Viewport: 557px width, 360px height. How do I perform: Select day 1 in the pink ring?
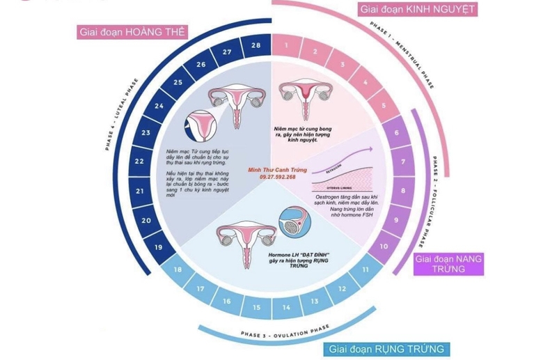[286, 46]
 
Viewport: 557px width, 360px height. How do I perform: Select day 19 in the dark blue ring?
[159, 247]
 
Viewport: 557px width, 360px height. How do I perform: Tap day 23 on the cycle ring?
[146, 132]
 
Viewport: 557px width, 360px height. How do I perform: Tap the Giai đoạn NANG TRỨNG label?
[448, 264]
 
